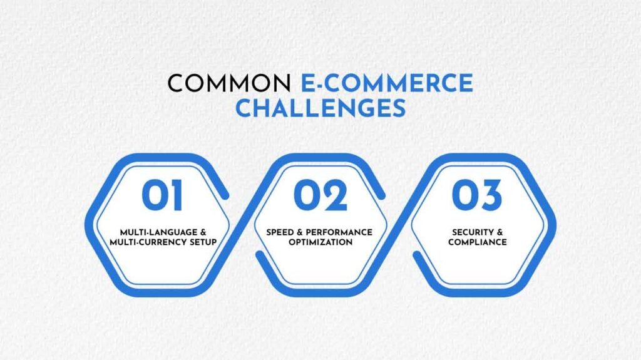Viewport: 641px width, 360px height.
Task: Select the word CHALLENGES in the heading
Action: [320, 108]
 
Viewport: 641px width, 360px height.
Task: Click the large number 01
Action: [162, 196]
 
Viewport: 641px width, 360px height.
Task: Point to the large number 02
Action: [320, 196]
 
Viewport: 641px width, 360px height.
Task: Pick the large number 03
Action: [477, 196]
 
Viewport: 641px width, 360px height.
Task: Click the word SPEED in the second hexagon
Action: [280, 232]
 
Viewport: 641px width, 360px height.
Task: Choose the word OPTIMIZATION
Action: [320, 242]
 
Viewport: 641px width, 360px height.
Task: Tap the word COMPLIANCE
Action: [477, 242]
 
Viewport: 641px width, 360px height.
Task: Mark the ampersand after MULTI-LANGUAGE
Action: [202, 232]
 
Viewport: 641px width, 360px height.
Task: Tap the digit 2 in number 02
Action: [335, 196]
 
